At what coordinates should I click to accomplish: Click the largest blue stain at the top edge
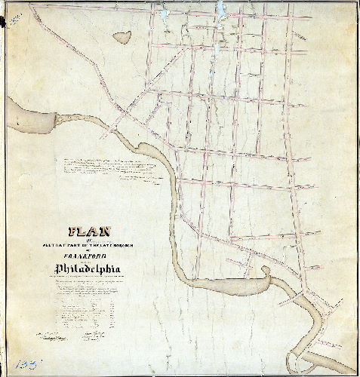220,11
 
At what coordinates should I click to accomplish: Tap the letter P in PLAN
74,232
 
